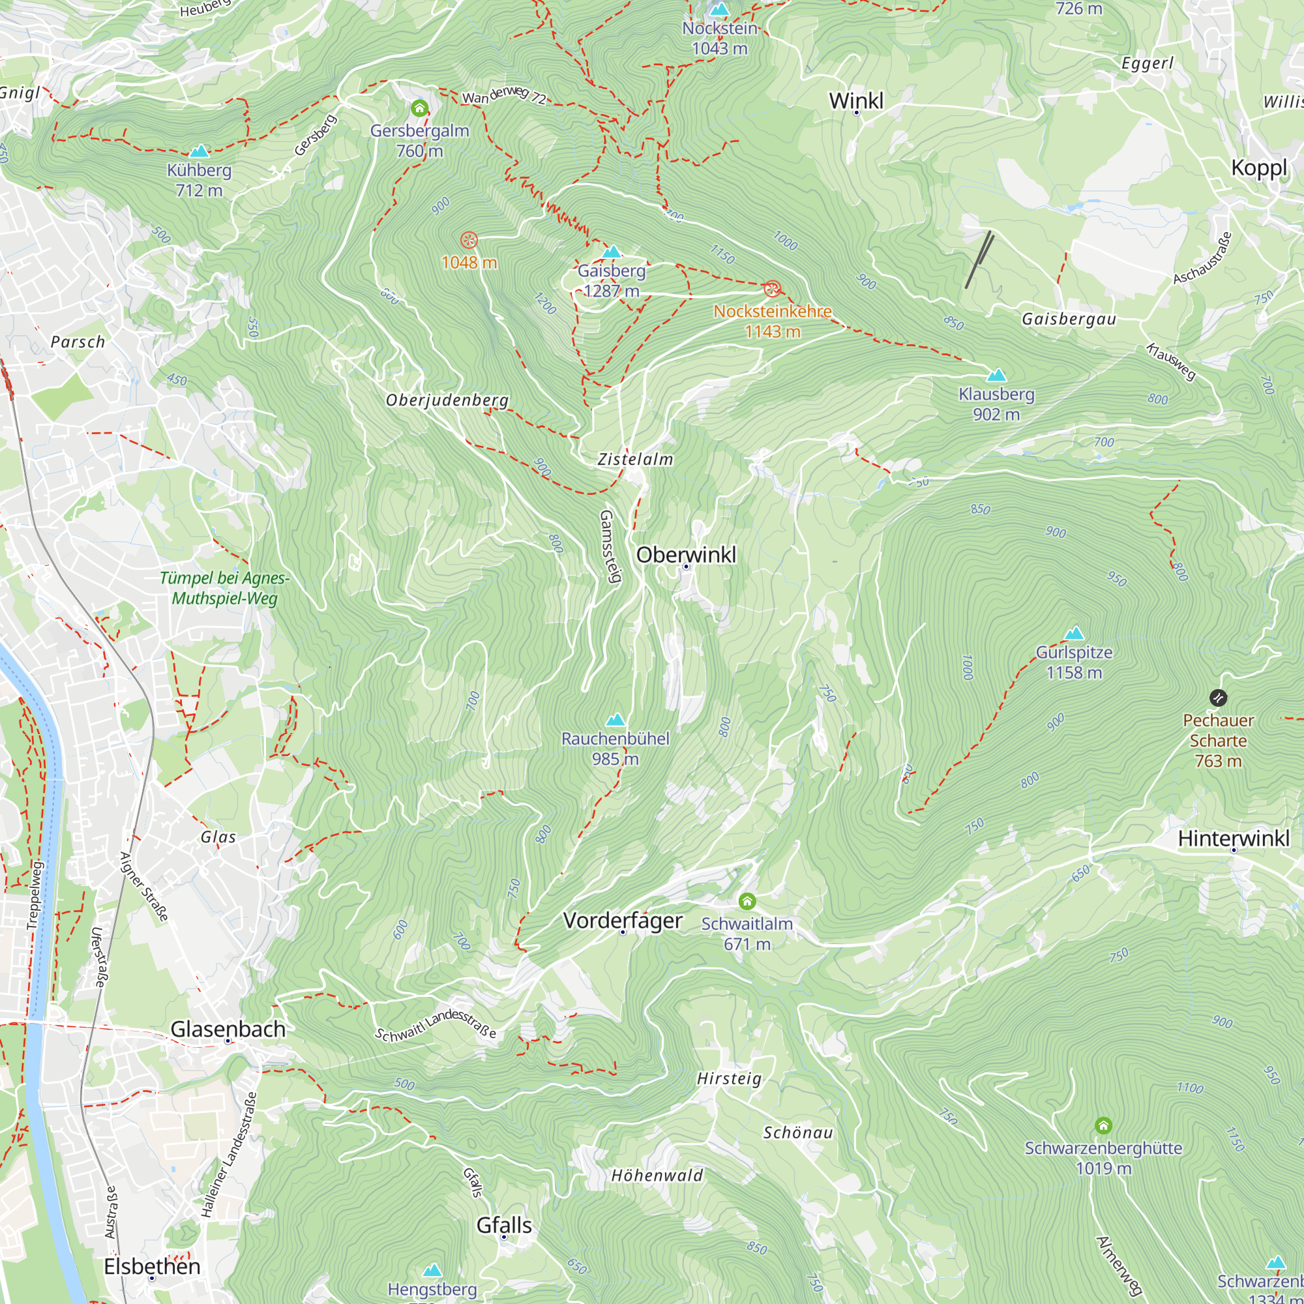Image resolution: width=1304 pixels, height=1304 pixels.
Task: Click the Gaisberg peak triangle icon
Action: click(612, 252)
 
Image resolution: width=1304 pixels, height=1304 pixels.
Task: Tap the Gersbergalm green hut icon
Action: click(419, 108)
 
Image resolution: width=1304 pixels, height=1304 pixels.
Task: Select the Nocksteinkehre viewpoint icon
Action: click(771, 289)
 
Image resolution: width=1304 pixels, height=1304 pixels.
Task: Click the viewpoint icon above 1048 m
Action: click(469, 241)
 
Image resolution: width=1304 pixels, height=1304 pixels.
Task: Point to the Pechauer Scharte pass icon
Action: click(1217, 698)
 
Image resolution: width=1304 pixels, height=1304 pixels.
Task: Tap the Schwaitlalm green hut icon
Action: click(747, 901)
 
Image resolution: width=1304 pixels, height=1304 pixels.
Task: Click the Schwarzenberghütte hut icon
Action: click(1103, 1125)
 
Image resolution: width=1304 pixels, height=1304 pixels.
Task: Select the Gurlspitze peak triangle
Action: click(1074, 633)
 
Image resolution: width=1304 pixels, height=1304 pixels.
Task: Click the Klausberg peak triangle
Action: click(996, 376)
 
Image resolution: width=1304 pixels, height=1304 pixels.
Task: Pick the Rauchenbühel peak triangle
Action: click(615, 720)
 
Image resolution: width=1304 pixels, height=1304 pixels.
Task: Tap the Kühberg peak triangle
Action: click(199, 151)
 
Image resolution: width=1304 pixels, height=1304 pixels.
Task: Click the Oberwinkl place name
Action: click(686, 555)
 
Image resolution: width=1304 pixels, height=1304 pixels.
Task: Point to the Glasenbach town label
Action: click(228, 1030)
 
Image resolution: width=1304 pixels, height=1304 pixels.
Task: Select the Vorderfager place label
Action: click(622, 921)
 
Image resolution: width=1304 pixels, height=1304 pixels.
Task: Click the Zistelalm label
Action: click(635, 460)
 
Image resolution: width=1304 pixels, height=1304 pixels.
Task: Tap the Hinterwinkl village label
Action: click(1233, 838)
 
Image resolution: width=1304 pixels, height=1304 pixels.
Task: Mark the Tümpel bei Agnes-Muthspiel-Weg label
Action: click(225, 588)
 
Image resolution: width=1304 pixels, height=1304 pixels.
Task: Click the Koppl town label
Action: click(1259, 168)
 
